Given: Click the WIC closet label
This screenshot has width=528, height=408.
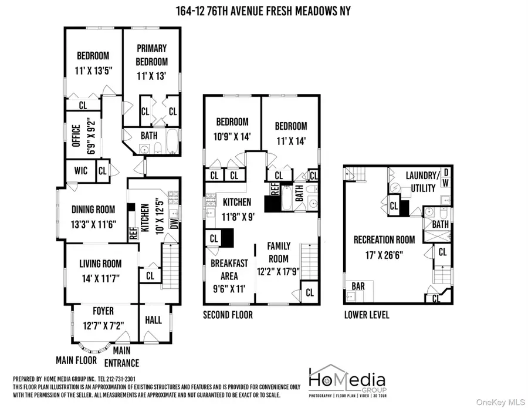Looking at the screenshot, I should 81,171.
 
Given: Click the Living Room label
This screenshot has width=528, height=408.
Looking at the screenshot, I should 100,264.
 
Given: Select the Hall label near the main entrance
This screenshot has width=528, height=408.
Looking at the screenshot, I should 153,321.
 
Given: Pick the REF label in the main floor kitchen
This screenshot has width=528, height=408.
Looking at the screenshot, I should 133,231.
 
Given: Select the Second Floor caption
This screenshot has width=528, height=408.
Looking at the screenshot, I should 228,315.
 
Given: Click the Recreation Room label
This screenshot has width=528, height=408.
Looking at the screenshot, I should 384,240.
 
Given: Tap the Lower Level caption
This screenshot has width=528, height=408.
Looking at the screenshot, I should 367,315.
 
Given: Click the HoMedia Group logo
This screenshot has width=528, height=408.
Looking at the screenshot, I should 347,379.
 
